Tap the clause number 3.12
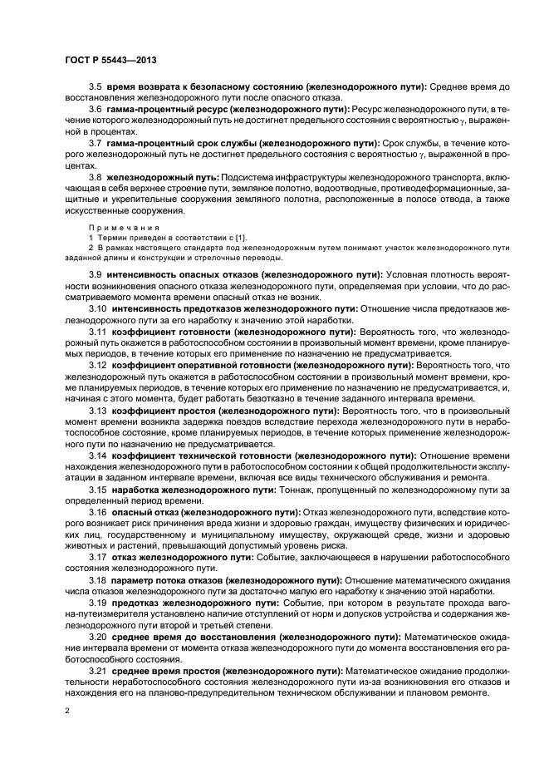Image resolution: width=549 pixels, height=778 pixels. coord(98,364)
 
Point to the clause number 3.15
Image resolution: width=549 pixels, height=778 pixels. coord(98,489)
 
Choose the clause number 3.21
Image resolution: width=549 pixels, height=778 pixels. coord(98,670)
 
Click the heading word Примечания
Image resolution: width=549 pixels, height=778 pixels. coord(115,226)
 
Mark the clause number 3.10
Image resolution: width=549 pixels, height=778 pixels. coord(98,308)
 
